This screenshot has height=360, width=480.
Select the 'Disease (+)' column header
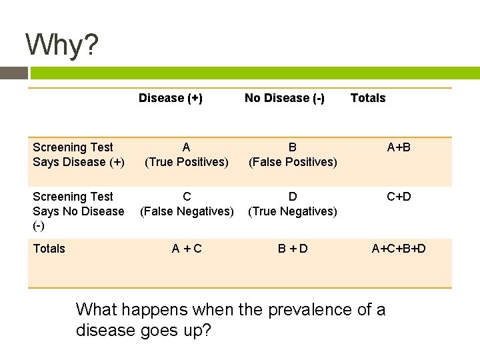tap(171, 98)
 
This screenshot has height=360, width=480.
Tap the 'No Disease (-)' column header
tap(285, 98)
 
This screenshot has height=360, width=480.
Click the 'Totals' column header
tap(368, 98)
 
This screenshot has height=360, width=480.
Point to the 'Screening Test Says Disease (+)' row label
tap(79, 155)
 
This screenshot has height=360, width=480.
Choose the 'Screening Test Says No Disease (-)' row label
tap(79, 211)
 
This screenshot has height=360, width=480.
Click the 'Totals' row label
tap(49, 249)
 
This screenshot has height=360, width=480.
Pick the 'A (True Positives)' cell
tap(187, 155)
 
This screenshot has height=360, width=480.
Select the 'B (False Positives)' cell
tap(293, 155)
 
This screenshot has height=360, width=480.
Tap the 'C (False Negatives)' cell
tap(187, 204)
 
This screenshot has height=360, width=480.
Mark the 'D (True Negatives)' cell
tap(293, 204)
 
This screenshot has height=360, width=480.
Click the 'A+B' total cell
tap(399, 147)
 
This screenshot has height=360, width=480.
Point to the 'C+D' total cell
tap(399, 197)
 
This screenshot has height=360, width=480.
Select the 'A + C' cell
tap(187, 249)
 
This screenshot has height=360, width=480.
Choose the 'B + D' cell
tap(293, 249)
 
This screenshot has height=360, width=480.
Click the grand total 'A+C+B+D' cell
tap(399, 249)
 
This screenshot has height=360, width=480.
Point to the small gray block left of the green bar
tap(13, 73)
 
